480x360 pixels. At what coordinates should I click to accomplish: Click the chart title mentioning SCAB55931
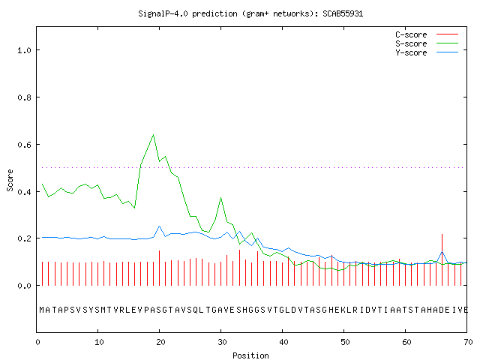click(250, 13)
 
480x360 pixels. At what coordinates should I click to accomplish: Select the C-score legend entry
click(427, 34)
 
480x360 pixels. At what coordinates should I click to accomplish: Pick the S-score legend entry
click(427, 43)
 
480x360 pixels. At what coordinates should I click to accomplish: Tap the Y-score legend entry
click(427, 52)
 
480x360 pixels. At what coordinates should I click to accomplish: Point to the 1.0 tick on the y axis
click(24, 50)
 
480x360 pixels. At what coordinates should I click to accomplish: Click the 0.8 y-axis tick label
click(24, 97)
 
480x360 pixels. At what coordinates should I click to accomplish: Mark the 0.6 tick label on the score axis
click(24, 145)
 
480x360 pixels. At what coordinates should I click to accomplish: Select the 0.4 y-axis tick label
click(24, 192)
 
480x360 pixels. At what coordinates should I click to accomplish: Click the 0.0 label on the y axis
click(24, 286)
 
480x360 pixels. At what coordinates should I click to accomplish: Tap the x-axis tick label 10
click(99, 342)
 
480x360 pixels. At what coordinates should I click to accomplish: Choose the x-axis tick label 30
click(222, 342)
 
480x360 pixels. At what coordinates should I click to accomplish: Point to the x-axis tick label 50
click(345, 342)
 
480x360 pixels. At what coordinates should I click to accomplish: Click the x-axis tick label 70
click(468, 342)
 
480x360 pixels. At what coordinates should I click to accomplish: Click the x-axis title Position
click(250, 355)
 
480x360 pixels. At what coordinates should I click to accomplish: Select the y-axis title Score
click(10, 180)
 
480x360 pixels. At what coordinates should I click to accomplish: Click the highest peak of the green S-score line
click(153, 135)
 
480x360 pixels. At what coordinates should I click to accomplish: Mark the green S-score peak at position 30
click(220, 198)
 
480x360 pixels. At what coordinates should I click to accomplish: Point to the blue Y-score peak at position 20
click(159, 226)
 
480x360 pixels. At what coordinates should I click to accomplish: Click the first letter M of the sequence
click(42, 310)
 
